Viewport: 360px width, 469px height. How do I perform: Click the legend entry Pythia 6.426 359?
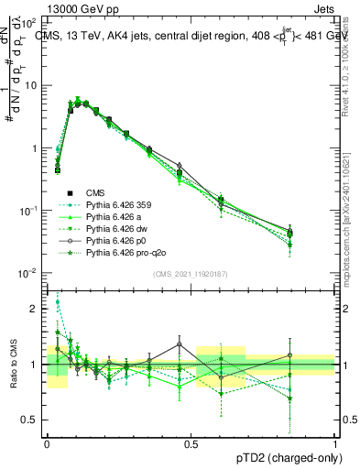pos(115,204)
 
